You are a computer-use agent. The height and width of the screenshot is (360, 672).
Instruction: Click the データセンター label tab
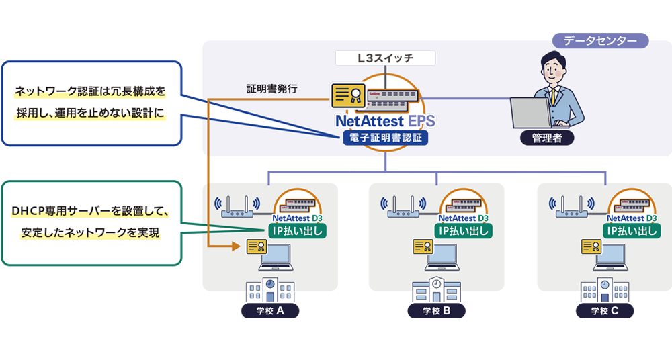coord(600,41)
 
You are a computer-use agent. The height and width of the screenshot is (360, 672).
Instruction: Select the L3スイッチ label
coord(386,58)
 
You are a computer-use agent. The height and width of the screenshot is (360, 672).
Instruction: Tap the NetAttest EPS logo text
coord(385,121)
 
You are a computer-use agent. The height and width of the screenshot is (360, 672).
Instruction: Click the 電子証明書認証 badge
coord(385,138)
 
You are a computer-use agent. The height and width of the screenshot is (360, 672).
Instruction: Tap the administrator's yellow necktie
coord(554,95)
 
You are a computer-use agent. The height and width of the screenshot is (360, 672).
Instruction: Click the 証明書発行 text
coord(271,88)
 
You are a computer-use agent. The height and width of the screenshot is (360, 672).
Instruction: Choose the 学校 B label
coord(437,311)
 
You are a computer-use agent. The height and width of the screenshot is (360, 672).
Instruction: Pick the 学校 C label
coord(605,311)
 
